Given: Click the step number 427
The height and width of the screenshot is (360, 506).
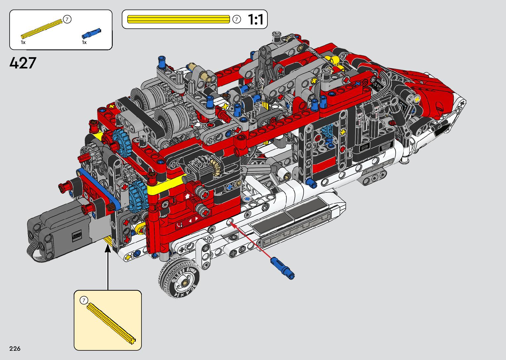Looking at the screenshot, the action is [23, 63].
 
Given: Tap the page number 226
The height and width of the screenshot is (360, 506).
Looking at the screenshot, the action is [15, 348].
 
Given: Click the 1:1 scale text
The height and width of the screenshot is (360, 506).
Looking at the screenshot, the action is [256, 20].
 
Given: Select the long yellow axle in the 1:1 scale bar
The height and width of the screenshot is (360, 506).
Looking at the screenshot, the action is [178, 19].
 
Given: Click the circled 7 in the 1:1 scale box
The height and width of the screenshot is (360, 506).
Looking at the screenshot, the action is [237, 19].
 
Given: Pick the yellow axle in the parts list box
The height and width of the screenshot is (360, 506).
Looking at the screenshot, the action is [42, 29].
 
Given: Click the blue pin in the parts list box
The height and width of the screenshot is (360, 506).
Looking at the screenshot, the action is [91, 33].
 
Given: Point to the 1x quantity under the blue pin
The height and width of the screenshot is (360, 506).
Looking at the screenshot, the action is [84, 43].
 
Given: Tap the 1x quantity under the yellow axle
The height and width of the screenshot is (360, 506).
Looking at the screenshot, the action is [23, 43].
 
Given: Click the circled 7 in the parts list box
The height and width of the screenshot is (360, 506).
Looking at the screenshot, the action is [67, 20].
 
